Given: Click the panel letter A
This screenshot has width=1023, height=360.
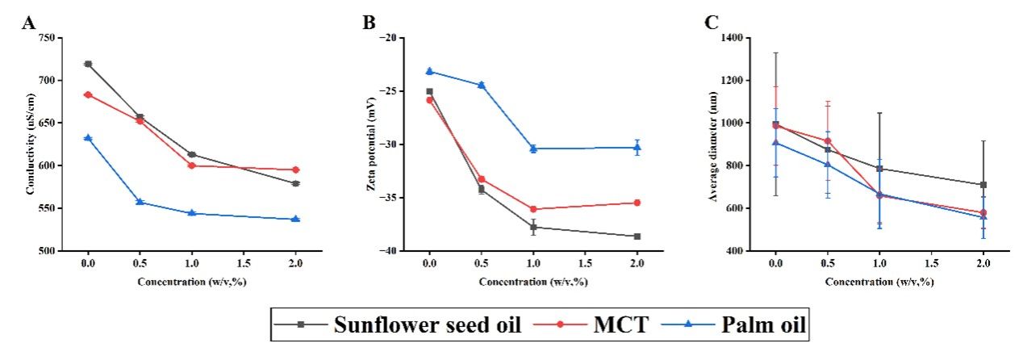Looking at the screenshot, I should (x=29, y=23).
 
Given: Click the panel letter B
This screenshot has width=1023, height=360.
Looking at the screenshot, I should (x=370, y=23).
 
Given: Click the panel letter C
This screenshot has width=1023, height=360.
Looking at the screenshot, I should (x=712, y=23).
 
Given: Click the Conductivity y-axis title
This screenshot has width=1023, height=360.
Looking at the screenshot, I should (x=31, y=144).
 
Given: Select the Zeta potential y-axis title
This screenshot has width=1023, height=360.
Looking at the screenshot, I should (x=374, y=144).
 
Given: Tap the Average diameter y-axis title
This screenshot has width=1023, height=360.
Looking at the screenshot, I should (x=714, y=144).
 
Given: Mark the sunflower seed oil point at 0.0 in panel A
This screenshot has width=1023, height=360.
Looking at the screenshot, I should (x=88, y=64).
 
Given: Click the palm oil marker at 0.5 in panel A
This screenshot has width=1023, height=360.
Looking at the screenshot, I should (x=140, y=202).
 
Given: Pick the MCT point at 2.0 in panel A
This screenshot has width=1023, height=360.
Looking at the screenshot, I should (x=295, y=170).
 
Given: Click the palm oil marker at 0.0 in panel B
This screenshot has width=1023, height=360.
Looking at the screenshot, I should (x=429, y=71).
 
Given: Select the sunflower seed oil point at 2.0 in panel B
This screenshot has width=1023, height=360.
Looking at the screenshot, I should (x=637, y=237).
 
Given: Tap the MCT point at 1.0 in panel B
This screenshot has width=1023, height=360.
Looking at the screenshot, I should (x=533, y=209).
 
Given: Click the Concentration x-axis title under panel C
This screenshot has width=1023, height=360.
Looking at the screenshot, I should (x=879, y=283).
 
